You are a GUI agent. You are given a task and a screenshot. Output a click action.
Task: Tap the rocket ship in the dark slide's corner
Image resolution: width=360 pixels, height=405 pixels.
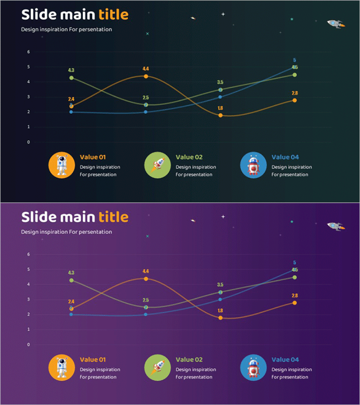click(335, 23)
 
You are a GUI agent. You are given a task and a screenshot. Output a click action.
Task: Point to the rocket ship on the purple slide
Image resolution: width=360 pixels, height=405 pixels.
click(335, 226)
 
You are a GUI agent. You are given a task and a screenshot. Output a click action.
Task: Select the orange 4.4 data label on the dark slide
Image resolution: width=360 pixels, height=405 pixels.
click(146, 69)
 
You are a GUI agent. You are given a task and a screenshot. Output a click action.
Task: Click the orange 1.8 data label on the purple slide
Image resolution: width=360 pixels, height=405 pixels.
click(220, 310)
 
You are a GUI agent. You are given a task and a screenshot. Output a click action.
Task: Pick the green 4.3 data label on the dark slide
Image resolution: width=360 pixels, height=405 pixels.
click(71, 70)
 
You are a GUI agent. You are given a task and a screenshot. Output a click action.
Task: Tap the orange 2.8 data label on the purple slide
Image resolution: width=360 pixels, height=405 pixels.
click(295, 296)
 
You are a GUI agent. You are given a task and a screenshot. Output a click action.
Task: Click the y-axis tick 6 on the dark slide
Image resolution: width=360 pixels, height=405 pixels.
click(28, 52)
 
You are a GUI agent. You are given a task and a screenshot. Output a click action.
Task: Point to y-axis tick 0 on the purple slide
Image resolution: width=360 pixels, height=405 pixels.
click(28, 345)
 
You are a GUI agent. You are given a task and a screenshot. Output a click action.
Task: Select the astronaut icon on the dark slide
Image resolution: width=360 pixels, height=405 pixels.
click(62, 165)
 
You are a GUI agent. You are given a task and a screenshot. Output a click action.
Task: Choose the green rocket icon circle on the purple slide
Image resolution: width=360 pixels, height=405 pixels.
click(157, 368)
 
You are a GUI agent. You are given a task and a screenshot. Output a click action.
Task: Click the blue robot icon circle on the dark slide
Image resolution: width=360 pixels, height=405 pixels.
click(253, 165)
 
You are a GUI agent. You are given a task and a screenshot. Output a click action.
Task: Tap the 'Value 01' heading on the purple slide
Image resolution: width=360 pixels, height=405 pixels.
click(93, 360)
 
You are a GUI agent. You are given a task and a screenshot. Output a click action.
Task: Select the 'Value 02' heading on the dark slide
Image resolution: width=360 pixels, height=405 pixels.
click(189, 157)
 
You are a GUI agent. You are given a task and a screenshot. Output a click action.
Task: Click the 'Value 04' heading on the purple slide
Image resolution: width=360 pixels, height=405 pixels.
click(285, 360)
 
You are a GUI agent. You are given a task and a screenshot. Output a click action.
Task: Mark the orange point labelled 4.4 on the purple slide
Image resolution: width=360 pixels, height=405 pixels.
click(146, 279)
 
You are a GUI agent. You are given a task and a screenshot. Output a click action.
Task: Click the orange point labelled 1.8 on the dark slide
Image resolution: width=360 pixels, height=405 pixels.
click(220, 115)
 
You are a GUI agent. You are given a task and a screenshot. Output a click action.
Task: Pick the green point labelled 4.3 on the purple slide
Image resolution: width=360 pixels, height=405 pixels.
click(71, 280)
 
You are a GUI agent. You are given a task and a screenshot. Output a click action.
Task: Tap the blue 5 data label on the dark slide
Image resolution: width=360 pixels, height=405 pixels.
click(294, 60)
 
